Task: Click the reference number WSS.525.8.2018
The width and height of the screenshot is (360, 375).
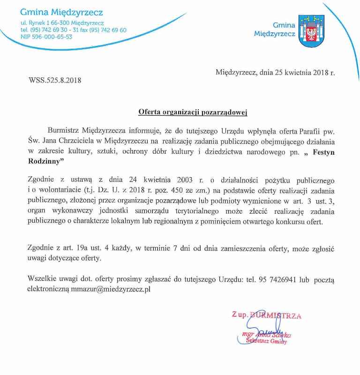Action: (x=55, y=80)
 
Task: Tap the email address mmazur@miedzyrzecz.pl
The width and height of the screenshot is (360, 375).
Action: (x=111, y=290)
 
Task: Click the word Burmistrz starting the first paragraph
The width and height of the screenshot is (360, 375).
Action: (x=65, y=129)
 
